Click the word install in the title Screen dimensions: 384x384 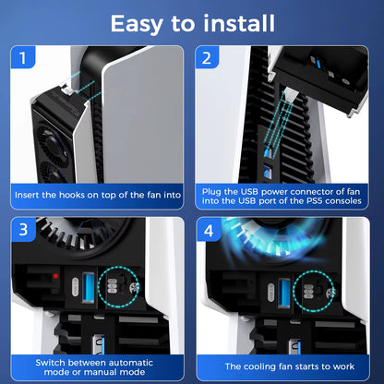(x=242, y=22)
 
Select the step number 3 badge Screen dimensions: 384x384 (x=22, y=229)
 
